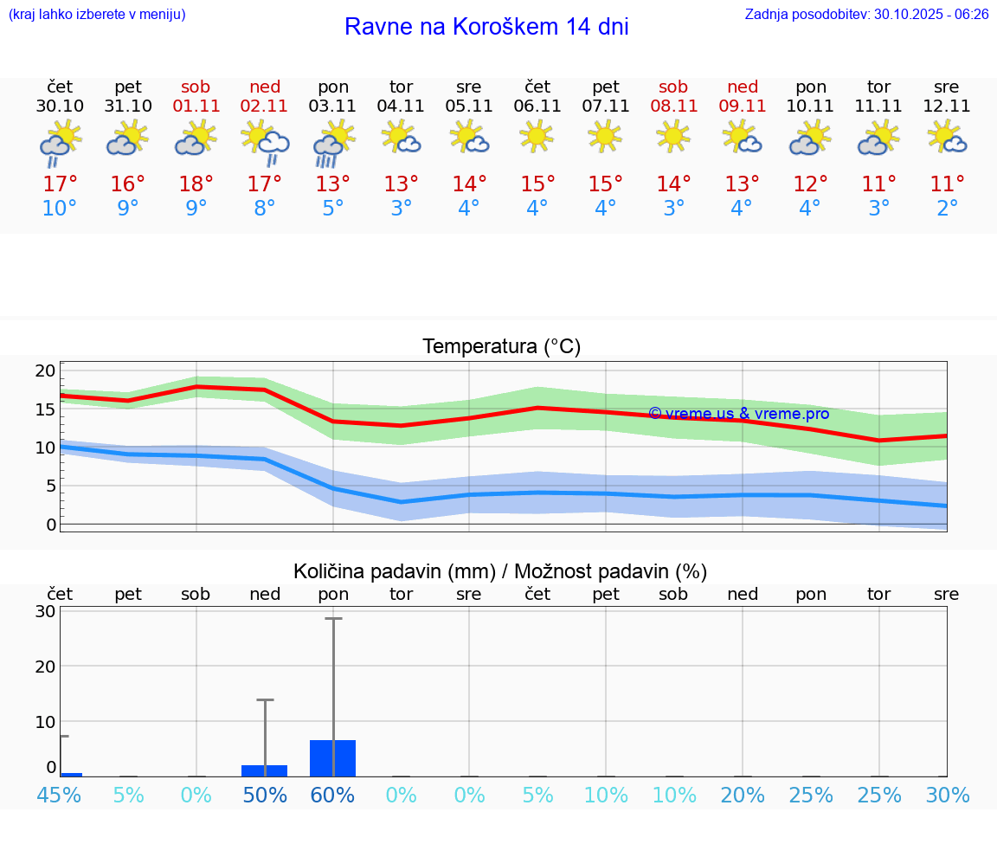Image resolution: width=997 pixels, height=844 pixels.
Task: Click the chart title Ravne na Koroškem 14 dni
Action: pyautogui.click(x=486, y=27)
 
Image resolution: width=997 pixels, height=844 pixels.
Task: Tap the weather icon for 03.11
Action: pyautogui.click(x=333, y=143)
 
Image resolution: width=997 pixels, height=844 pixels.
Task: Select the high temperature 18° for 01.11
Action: pyautogui.click(x=196, y=184)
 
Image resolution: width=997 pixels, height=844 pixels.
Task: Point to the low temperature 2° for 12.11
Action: pyautogui.click(x=947, y=209)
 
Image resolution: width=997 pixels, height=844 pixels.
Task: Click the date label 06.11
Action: pyautogui.click(x=537, y=106)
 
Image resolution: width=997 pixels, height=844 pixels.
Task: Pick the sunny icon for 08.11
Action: pyautogui.click(x=673, y=136)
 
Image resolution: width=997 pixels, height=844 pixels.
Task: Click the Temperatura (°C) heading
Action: pyautogui.click(x=501, y=347)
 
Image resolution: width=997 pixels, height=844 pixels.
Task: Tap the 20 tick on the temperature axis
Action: pyautogui.click(x=45, y=370)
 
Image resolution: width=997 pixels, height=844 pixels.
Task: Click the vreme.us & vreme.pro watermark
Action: pyautogui.click(x=738, y=414)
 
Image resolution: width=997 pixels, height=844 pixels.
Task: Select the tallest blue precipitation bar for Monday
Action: pyautogui.click(x=333, y=758)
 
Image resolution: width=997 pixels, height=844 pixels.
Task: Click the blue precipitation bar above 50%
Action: pyautogui.click(x=265, y=770)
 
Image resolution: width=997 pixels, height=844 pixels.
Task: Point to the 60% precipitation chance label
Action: pyautogui.click(x=333, y=795)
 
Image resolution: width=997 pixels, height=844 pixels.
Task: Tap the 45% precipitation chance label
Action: pyautogui.click(x=60, y=795)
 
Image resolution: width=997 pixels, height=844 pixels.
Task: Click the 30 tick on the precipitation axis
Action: pyautogui.click(x=46, y=611)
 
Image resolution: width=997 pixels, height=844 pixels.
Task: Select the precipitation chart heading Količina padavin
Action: pyautogui.click(x=500, y=571)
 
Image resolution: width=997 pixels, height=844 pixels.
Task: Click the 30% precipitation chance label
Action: pyautogui.click(x=947, y=795)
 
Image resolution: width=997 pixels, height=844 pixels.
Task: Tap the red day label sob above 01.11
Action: pyautogui.click(x=196, y=87)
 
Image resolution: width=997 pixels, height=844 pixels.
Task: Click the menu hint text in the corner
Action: pyautogui.click(x=97, y=15)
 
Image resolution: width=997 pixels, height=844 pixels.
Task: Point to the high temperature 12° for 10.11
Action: pyautogui.click(x=810, y=184)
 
